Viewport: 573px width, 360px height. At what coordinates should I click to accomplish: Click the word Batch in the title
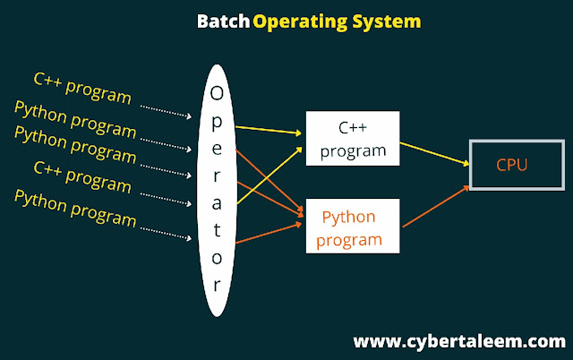tap(224, 20)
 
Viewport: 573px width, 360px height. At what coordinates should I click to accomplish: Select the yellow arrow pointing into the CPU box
tap(433, 152)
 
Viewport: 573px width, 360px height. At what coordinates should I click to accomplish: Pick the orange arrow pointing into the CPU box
tap(434, 205)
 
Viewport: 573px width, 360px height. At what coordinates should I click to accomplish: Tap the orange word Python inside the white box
tap(348, 218)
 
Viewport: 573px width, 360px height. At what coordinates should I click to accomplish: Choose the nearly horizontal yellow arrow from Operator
tap(269, 129)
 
